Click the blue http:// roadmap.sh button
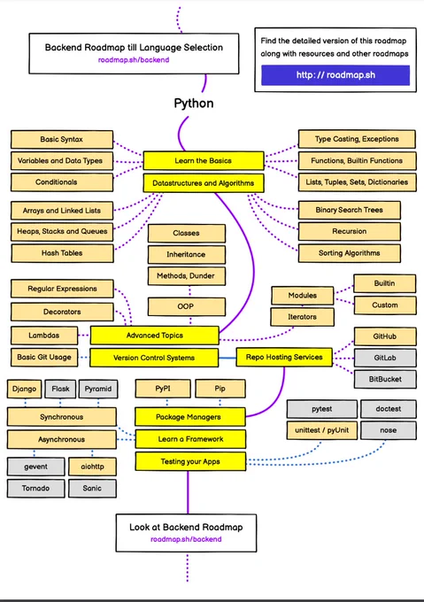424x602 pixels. [335, 75]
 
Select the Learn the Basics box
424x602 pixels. [204, 160]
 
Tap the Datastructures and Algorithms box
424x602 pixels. [204, 183]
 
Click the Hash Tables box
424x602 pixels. [62, 253]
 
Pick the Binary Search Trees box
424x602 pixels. [349, 210]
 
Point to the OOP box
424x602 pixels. [187, 306]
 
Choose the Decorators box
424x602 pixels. [62, 312]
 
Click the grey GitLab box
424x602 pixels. [385, 358]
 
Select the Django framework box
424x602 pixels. [24, 389]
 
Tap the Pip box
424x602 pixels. [220, 389]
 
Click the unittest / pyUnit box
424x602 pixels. [322, 430]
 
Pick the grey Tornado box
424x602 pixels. [35, 489]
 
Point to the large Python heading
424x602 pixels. [194, 104]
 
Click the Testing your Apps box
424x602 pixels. [190, 461]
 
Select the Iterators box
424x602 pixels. [303, 317]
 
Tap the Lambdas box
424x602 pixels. [44, 336]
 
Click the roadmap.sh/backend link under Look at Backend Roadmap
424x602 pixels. [186, 539]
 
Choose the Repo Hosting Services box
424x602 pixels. [284, 357]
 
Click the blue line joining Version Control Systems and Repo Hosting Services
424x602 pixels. [227, 358]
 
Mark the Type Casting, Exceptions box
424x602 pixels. [357, 139]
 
